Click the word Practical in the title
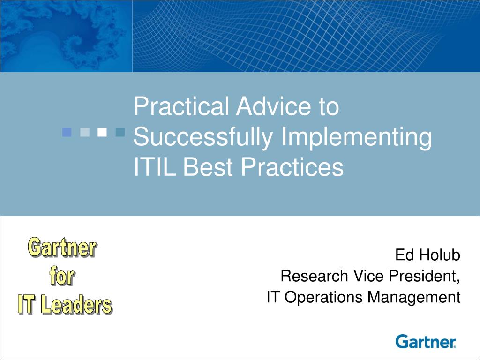[x=181, y=106]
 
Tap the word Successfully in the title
[x=203, y=137]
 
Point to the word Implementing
[x=356, y=137]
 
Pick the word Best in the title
[x=209, y=166]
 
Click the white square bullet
[x=102, y=132]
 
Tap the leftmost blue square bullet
[x=67, y=132]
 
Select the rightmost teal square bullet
[x=120, y=132]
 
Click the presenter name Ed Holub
[x=427, y=255]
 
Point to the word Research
[x=315, y=276]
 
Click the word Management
[x=414, y=297]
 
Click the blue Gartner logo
[x=426, y=341]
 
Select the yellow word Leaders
[x=76, y=304]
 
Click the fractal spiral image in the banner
[x=66, y=36]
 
